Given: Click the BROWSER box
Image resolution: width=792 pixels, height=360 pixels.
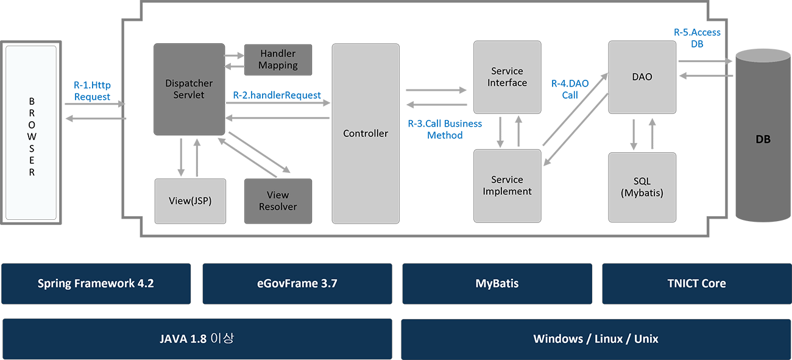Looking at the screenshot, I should click(x=31, y=132).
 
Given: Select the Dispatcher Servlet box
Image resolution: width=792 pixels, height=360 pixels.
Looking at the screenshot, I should click(x=189, y=89).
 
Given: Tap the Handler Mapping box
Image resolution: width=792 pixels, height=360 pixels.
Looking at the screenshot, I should click(x=278, y=60).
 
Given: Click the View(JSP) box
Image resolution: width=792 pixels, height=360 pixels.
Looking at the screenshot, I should click(x=190, y=201).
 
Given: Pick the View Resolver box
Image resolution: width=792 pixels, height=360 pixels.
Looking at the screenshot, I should click(x=278, y=201).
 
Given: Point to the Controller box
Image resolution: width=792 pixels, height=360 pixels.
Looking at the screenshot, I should click(x=366, y=133).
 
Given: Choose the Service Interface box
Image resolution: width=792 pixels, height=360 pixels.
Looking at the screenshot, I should click(x=507, y=77).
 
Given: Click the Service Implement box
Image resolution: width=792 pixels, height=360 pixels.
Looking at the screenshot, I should click(x=507, y=186).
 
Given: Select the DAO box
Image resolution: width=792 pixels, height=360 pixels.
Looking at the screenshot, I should click(x=642, y=77).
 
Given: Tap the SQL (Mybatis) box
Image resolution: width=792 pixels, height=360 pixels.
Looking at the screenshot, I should click(x=642, y=187).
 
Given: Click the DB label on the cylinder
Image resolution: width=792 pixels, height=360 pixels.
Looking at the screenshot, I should click(x=763, y=139).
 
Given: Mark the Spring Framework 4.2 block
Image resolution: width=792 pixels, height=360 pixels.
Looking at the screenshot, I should click(x=96, y=283).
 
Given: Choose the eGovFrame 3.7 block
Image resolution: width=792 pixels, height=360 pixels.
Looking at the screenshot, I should click(x=295, y=283).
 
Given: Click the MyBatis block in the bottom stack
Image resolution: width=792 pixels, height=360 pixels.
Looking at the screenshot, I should click(x=497, y=283).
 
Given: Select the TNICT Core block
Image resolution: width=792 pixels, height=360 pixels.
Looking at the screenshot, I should click(x=696, y=283).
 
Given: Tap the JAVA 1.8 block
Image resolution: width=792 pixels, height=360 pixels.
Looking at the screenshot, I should click(x=196, y=338).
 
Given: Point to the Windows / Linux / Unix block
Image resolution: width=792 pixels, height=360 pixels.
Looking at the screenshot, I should click(x=596, y=339).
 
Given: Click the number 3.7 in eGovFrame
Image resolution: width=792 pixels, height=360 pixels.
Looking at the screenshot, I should click(x=327, y=283).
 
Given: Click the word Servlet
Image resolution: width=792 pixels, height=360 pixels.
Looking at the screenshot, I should click(x=189, y=95).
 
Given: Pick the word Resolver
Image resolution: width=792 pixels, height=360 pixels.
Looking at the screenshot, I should click(x=278, y=207).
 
